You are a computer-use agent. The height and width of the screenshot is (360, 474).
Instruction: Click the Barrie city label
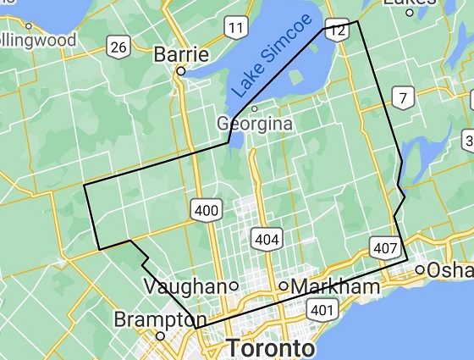(x=181, y=54)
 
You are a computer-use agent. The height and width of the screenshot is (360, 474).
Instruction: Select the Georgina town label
(x=255, y=124)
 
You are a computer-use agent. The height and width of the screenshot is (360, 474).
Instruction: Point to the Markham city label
(x=335, y=287)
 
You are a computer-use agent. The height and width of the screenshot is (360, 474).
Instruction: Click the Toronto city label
(x=271, y=348)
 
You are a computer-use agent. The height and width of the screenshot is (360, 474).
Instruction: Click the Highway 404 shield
(x=266, y=240)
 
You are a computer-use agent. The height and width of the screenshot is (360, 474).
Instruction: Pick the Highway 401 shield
(x=322, y=310)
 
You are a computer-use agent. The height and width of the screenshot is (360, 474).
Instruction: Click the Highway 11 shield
(x=236, y=29)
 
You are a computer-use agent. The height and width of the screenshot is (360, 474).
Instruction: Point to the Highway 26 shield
(x=119, y=47)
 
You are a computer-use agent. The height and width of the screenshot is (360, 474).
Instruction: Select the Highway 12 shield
(x=339, y=30)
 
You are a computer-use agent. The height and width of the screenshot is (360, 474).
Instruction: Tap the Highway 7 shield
(x=404, y=98)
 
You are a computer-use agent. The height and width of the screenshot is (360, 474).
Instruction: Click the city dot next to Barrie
(x=180, y=72)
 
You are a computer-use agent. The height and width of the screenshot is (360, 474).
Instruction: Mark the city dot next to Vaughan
(x=233, y=286)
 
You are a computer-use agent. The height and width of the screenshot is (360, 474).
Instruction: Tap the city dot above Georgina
(x=254, y=108)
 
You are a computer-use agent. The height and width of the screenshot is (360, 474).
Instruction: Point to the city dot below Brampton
(x=159, y=335)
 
